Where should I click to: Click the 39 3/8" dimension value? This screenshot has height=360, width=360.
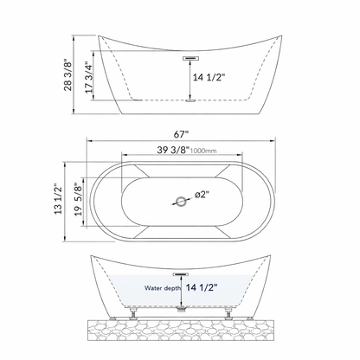170,151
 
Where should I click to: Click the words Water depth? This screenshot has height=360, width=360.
164,288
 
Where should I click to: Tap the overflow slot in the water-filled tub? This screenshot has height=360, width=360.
180,271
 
